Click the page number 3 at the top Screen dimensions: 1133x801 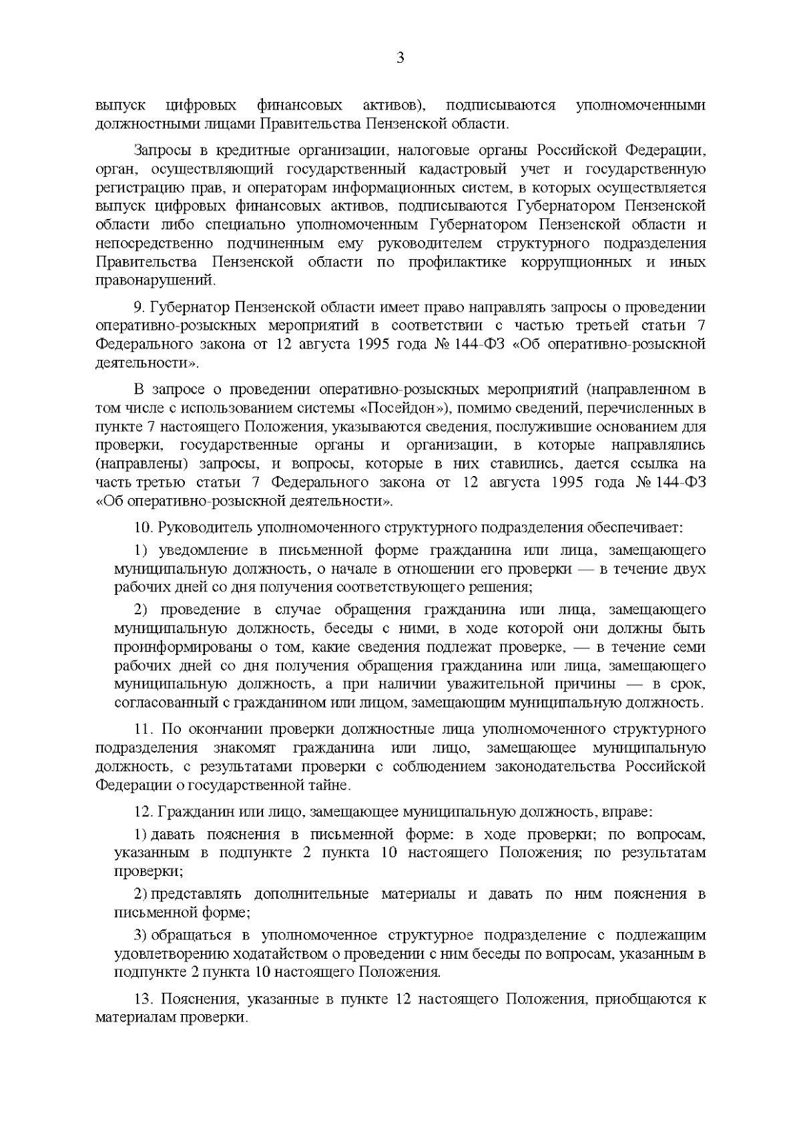(x=400, y=58)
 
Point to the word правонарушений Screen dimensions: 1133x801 (x=156, y=280)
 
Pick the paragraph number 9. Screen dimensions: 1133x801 (x=139, y=307)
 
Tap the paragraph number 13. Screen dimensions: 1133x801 (x=144, y=1000)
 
